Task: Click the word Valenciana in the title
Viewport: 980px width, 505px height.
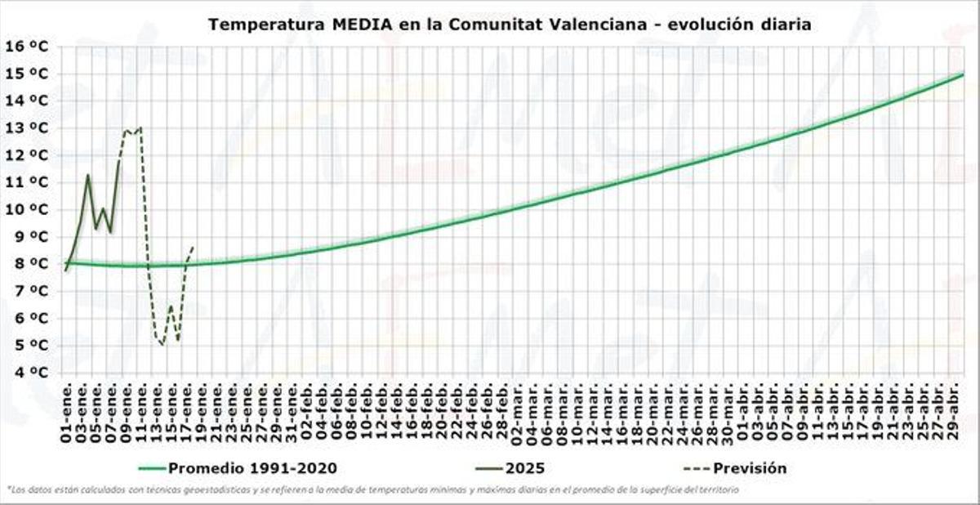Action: coord(605,25)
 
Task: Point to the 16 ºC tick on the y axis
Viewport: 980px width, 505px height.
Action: coord(27,46)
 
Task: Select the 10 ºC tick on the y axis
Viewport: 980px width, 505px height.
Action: coord(27,209)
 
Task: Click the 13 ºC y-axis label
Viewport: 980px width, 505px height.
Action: coord(27,128)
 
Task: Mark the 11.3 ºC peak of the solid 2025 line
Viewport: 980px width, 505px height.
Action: coord(88,175)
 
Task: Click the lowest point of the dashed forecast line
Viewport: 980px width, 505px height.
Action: coord(163,345)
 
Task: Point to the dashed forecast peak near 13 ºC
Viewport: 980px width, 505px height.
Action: coord(140,127)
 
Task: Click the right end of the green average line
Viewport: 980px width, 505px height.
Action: coord(963,74)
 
